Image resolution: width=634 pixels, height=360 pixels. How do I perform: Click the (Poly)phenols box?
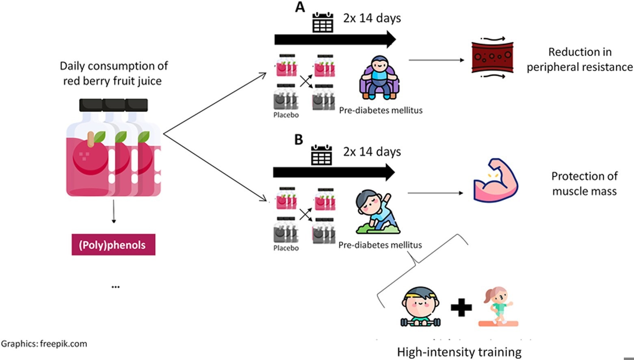(x=113, y=245)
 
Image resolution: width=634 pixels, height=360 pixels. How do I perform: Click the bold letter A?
(x=300, y=7)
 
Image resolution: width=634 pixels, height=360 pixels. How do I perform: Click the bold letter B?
(x=299, y=140)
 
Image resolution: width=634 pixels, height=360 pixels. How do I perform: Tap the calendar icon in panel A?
(x=323, y=22)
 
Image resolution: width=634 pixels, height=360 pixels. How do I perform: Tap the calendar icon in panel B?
(x=322, y=155)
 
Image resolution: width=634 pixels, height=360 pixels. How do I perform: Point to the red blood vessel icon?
(x=492, y=57)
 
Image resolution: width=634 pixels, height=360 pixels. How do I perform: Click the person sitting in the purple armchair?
(x=379, y=78)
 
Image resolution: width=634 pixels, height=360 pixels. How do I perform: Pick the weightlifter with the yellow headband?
(x=421, y=307)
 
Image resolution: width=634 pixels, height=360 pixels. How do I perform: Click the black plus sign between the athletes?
(x=461, y=308)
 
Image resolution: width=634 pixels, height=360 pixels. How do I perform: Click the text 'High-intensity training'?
(x=459, y=352)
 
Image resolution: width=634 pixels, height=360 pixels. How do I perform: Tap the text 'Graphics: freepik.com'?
(x=44, y=344)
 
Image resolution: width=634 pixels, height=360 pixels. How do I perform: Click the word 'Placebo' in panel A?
(x=286, y=115)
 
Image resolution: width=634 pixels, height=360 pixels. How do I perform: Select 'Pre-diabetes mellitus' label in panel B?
(x=380, y=245)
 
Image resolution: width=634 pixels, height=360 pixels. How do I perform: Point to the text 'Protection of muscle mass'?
(x=584, y=184)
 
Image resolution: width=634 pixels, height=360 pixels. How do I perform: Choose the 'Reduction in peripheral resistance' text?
(x=580, y=59)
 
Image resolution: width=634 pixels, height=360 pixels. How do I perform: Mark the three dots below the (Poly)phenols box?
(x=115, y=287)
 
